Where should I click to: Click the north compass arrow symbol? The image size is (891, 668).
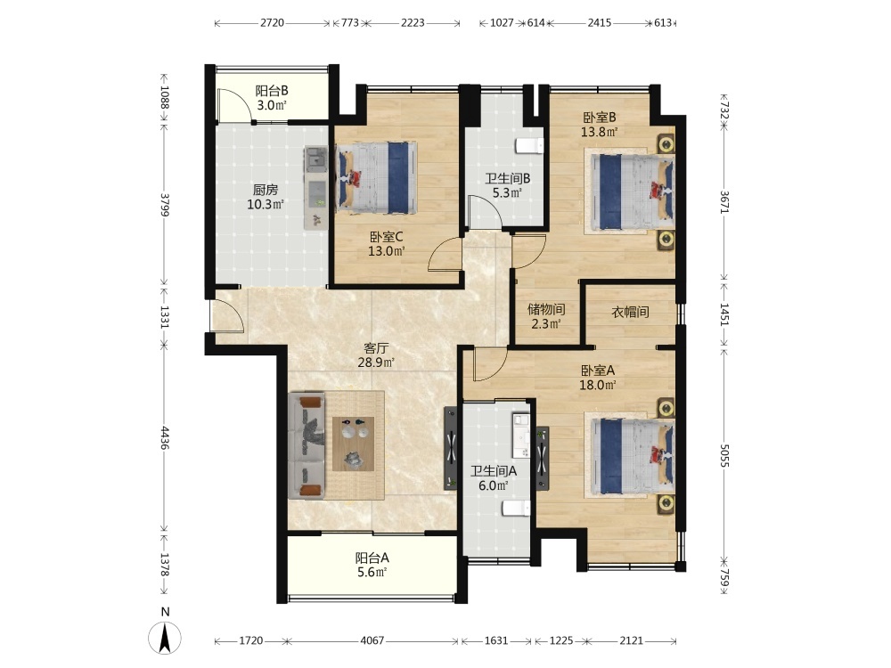pyautogui.click(x=165, y=638)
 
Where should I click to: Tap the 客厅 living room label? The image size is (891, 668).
pyautogui.click(x=376, y=347)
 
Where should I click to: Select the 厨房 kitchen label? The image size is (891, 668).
pyautogui.click(x=266, y=190)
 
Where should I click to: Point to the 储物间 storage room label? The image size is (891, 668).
pyautogui.click(x=546, y=309)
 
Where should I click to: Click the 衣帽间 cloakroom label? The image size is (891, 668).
pyautogui.click(x=630, y=311)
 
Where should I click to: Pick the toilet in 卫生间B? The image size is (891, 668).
pyautogui.click(x=529, y=145)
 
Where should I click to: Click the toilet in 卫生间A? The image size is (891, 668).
pyautogui.click(x=516, y=508)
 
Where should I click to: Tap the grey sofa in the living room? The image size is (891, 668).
pyautogui.click(x=307, y=446)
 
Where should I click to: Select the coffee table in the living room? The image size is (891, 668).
pyautogui.click(x=354, y=444)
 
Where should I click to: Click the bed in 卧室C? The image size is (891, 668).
pyautogui.click(x=376, y=178)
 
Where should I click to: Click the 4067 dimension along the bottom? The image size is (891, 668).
pyautogui.click(x=372, y=640)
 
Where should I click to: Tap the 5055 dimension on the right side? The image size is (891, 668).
pyautogui.click(x=723, y=455)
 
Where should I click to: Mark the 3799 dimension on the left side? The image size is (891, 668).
pyautogui.click(x=165, y=205)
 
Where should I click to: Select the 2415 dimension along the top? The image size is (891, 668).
pyautogui.click(x=600, y=23)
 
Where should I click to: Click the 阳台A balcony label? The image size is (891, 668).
pyautogui.click(x=372, y=558)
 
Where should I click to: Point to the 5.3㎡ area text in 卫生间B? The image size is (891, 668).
pyautogui.click(x=508, y=192)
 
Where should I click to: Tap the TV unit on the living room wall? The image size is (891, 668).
pyautogui.click(x=451, y=448)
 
